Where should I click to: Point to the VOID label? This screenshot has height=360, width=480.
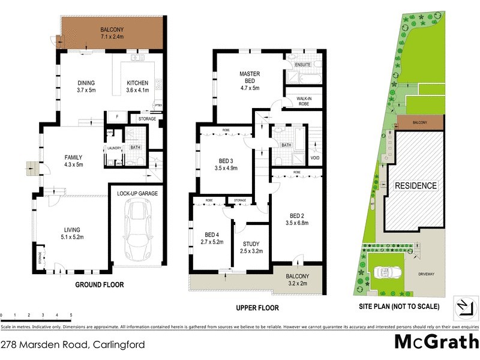tap(315, 158)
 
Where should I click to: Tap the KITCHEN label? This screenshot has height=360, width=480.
tap(137, 83)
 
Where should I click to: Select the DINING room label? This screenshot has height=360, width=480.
tap(86, 83)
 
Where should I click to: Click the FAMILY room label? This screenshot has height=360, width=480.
tap(73, 157)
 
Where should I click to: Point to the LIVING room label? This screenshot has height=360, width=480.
tap(72, 229)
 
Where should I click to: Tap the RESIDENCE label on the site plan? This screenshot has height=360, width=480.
tap(415, 185)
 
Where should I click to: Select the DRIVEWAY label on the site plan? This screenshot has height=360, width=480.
tap(426, 275)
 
